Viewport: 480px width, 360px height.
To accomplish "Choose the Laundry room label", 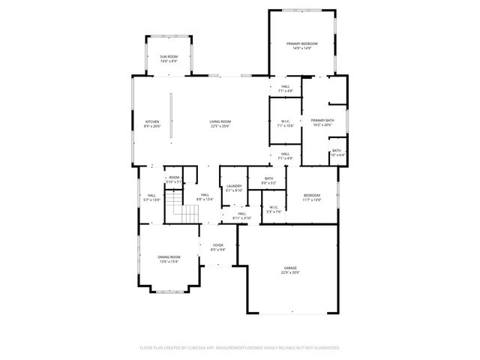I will click(x=233, y=187).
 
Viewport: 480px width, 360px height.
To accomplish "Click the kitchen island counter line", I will click(x=170, y=115).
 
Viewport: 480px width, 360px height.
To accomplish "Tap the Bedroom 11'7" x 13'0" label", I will click(x=311, y=197).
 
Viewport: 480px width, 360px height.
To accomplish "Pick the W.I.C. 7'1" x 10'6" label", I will click(x=285, y=124).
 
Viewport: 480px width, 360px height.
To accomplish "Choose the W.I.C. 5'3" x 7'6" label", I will click(x=273, y=209).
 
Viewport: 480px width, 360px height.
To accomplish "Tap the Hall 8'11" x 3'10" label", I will click(x=241, y=216).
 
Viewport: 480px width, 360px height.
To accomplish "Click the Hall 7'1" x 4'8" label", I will click(x=285, y=88).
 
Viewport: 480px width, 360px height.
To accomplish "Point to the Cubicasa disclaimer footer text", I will click(x=240, y=348).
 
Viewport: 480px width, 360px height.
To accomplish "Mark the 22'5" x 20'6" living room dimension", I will click(x=220, y=127).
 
